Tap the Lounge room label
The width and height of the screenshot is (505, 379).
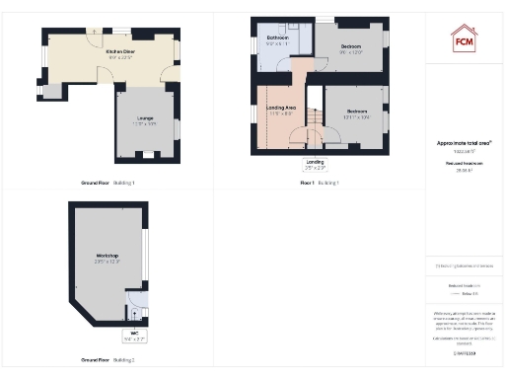[x=144, y=122]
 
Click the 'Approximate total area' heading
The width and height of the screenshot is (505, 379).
[x=464, y=143]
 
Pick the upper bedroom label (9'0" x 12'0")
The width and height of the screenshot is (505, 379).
[x=351, y=49]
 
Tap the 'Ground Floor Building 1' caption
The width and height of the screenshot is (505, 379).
[x=108, y=184]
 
